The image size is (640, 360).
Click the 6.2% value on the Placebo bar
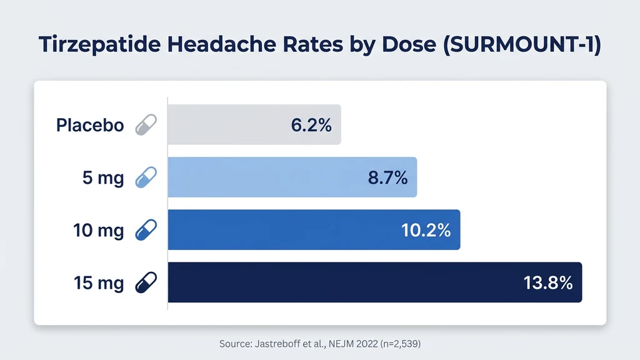[311, 125]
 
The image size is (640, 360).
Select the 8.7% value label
[387, 178]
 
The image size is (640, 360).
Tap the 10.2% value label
[426, 230]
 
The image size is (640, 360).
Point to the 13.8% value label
[547, 283]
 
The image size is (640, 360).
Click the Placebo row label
[90, 125]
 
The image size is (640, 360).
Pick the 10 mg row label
[99, 231]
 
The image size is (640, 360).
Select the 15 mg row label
[99, 283]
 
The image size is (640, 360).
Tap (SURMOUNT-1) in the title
[522, 47]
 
